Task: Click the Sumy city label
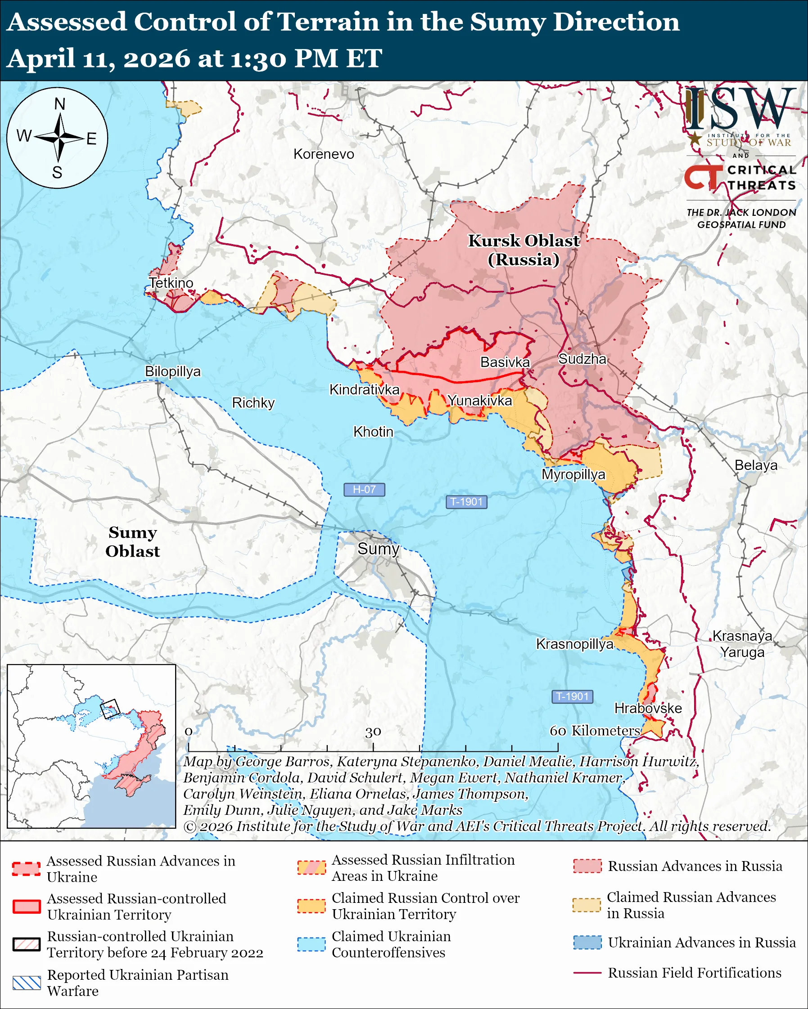pos(378,549)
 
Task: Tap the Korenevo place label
pos(324,154)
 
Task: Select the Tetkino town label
pos(171,283)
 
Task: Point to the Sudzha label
pos(582,359)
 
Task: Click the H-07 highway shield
pos(364,490)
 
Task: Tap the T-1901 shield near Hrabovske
pos(572,696)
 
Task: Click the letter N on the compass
pos(59,104)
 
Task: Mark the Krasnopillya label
pos(574,644)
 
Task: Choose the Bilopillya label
pos(172,371)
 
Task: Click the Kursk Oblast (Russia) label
pos(524,250)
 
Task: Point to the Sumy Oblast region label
pos(132,541)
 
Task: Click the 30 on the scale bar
pos(373,732)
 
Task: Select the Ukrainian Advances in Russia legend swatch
pos(587,942)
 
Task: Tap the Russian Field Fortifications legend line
pos(587,973)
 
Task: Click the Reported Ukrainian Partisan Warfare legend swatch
pos(26,983)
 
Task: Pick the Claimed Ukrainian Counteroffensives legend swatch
pos(311,944)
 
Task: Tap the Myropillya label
pos(573,474)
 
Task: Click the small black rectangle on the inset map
pos(110,709)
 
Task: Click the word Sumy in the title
pos(507,22)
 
